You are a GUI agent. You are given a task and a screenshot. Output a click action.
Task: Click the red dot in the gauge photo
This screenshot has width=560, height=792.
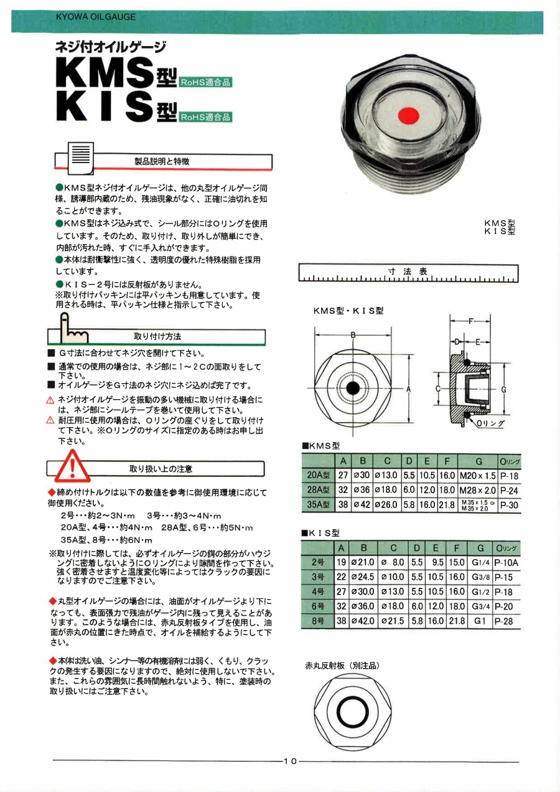coord(408,115)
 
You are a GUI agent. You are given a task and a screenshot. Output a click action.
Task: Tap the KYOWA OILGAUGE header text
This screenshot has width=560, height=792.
coord(95,17)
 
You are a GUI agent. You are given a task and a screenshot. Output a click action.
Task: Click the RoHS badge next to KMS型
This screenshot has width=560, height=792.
coord(205,82)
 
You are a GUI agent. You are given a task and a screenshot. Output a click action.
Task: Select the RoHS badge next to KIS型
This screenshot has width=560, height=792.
coord(205,116)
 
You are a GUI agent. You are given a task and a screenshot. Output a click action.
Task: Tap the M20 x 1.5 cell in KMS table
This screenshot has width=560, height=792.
coord(478,476)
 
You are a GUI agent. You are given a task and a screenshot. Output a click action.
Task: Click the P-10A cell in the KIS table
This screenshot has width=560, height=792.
coord(506,562)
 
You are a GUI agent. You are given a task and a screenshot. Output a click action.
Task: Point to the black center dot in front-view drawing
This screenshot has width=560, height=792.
coord(353,388)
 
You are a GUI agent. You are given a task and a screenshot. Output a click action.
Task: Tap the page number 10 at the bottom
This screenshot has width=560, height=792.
coord(291,761)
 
